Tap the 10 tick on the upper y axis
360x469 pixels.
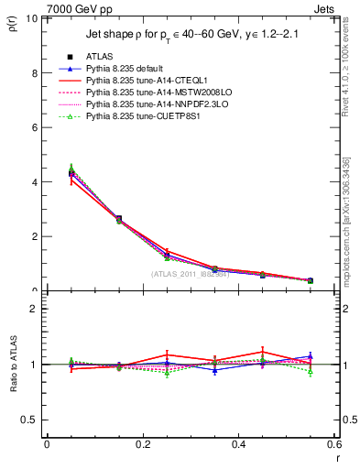32,18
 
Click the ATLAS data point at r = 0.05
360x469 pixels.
71,173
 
